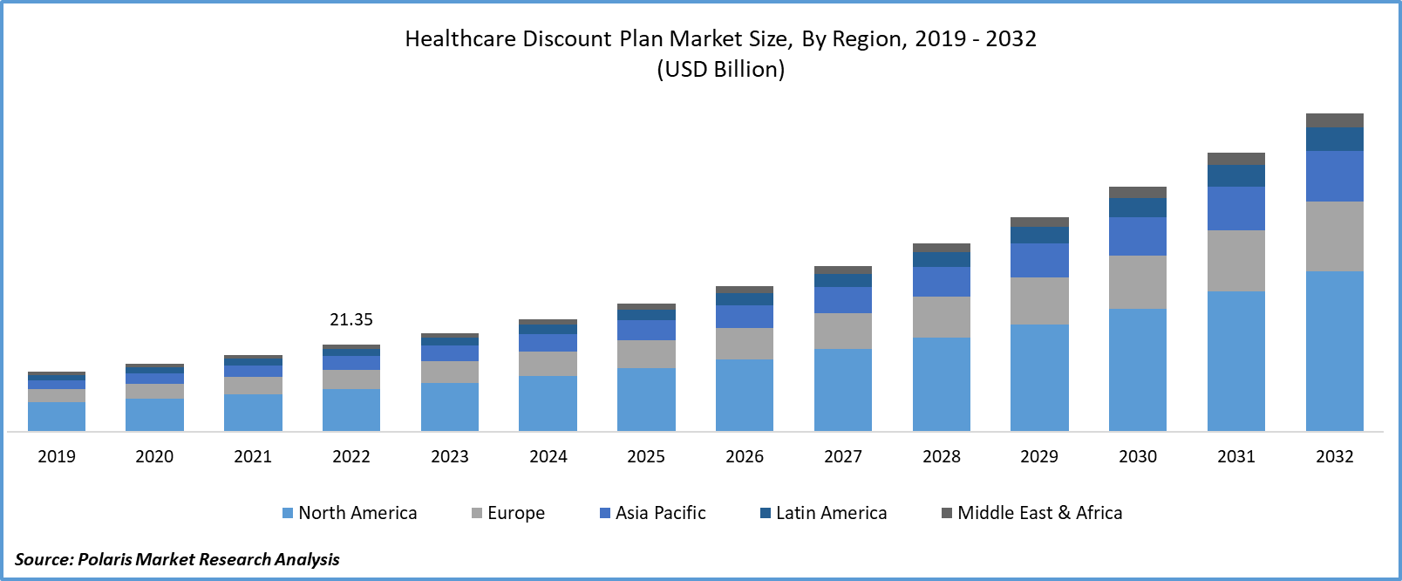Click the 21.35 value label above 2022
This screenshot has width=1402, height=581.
pos(351,320)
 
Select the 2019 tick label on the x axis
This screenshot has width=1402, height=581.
pos(57,456)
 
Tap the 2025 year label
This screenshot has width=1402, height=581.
pos(646,456)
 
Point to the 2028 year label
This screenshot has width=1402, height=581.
pos(942,456)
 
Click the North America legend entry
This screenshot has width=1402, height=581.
pos(350,513)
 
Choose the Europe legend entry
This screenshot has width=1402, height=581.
pos(508,513)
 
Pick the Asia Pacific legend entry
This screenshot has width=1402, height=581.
pos(653,513)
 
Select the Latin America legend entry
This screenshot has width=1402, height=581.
pos(824,513)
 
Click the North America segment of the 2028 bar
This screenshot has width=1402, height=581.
pos(942,384)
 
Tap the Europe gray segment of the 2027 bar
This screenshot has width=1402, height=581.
pos(843,331)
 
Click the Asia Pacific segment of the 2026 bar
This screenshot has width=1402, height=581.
pos(745,317)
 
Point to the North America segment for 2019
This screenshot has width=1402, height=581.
pos(57,416)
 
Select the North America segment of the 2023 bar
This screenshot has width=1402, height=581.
pos(450,407)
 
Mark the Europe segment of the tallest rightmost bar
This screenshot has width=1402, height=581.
pos(1335,236)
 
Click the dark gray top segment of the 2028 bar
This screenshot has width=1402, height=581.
pos(942,248)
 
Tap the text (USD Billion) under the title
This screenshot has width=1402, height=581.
pos(721,70)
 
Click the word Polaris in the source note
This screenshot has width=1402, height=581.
pos(105,559)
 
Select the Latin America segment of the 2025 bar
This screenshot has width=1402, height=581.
pos(646,315)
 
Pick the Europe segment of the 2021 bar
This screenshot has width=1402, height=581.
pos(253,386)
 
